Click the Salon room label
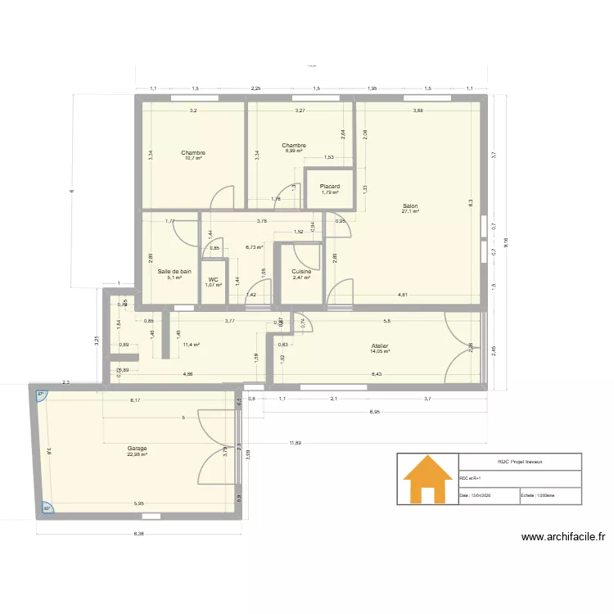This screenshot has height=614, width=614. [410, 205]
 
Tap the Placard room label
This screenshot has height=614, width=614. [330, 187]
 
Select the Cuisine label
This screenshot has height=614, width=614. [301, 272]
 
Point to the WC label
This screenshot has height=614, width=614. [213, 279]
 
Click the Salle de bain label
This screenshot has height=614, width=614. [174, 271]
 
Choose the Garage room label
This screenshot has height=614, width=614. [137, 449]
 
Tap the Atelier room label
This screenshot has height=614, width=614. [379, 345]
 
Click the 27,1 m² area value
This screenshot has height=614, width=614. [410, 211]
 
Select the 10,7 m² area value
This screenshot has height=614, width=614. [193, 158]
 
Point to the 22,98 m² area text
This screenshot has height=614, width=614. [137, 454]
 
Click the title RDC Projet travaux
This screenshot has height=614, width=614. [520, 463]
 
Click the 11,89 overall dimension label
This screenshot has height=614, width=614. [293, 444]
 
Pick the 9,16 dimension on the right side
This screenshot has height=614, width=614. [505, 242]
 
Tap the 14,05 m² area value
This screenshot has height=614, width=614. [379, 351]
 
